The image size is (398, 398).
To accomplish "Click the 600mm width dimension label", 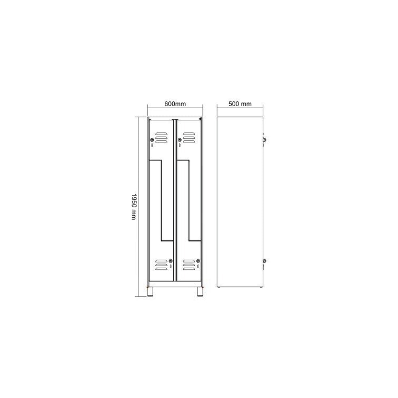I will (175, 104).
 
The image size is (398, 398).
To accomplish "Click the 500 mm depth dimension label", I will (240, 104).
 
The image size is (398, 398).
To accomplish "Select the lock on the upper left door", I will (152, 140).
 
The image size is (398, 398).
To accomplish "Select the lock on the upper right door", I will (179, 140).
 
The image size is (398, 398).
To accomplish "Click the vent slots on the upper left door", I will (161, 137).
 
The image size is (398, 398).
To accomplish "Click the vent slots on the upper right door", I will (189, 137).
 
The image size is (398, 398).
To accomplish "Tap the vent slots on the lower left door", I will (161, 264).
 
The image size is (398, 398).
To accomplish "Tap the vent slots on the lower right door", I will (189, 264).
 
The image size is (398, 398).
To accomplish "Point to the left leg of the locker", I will (151, 293).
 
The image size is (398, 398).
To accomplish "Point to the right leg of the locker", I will (199, 293).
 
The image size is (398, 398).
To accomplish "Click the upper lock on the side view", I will (263, 140).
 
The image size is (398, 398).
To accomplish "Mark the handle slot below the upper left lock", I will (152, 145).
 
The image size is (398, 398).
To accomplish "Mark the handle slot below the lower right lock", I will (198, 267).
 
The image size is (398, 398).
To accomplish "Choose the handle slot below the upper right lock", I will (180, 145).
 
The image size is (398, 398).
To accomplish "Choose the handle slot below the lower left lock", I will (170, 267).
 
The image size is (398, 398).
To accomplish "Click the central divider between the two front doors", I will (175, 199).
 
